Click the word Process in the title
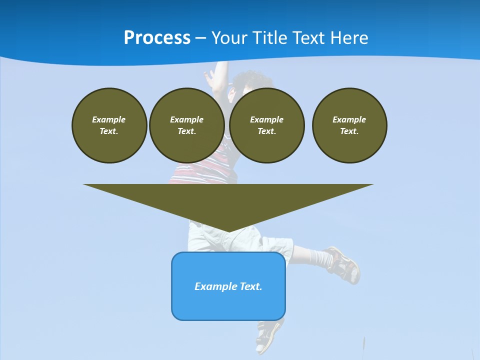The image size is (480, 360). pos(157,38)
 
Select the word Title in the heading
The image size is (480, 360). pos(272,38)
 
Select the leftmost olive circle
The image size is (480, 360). pos(109,125)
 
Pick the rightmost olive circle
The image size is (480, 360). pos(349,125)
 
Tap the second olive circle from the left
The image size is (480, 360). pos(186,125)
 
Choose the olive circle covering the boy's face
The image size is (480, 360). pos(266,125)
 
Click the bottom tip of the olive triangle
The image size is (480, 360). pos(228,231)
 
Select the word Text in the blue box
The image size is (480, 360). pos(251,286)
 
